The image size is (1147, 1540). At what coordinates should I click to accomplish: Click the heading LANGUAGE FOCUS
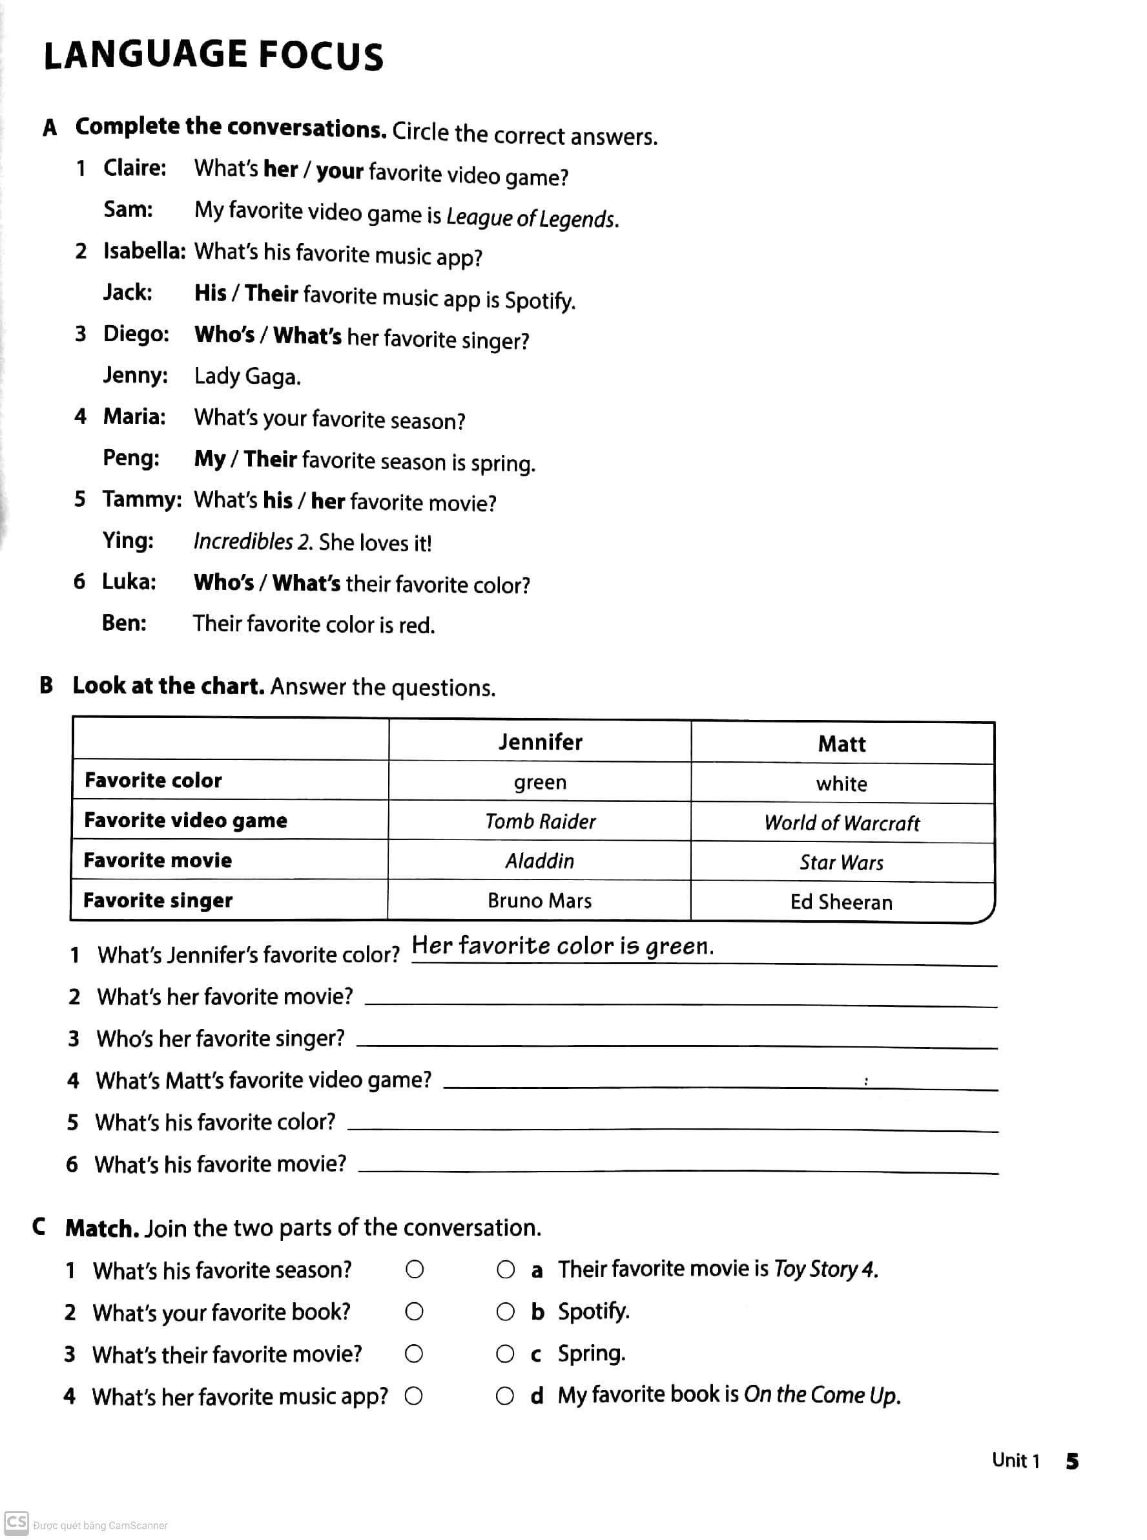pos(213,56)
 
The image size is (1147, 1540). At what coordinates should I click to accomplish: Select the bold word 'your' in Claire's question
pos(340,171)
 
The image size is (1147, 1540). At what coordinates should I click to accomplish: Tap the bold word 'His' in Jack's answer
pos(211,293)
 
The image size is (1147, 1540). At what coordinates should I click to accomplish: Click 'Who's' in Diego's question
pos(224,335)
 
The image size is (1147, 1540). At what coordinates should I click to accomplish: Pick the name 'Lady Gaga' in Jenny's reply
pos(247,377)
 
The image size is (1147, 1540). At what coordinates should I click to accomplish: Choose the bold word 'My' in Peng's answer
pos(210,458)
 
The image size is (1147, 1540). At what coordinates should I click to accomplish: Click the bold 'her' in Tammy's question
pos(327,501)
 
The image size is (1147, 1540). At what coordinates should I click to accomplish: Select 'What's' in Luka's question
pos(306,583)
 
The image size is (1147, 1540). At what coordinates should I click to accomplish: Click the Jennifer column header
pos(540,742)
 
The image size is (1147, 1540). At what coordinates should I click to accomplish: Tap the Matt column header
pos(842,744)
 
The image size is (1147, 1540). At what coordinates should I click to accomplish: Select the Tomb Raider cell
pos(540,822)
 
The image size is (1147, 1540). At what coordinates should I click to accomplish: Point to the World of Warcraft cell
pos(842,823)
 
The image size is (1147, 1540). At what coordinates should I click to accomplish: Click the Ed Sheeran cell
pos(842,902)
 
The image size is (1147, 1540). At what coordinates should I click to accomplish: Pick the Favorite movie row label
pos(158,860)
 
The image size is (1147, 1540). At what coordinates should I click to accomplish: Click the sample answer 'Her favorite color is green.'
pos(563,945)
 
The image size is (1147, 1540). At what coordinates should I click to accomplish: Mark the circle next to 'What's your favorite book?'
pos(415,1311)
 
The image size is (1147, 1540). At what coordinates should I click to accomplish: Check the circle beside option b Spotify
pos(506,1311)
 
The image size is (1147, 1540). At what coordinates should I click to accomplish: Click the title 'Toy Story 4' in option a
pos(825,1269)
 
